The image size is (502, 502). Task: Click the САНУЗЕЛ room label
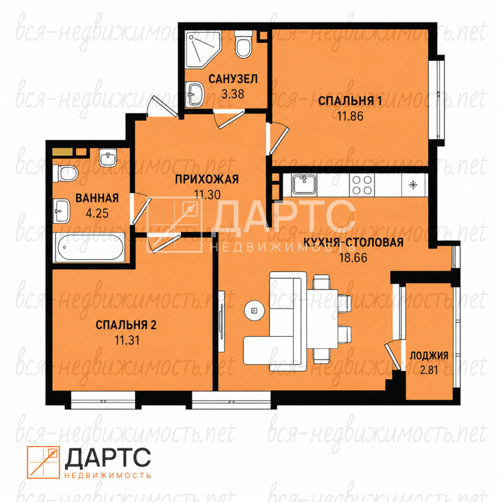click(x=233, y=79)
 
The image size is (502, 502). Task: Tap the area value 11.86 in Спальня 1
click(x=350, y=116)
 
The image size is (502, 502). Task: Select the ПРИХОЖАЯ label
click(x=207, y=179)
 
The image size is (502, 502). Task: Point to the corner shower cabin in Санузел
click(x=202, y=49)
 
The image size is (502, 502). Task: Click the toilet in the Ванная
click(x=65, y=173)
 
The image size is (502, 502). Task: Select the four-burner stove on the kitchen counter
click(x=362, y=185)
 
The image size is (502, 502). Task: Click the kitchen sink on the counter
click(x=304, y=185)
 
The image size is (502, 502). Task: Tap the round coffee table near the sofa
click(x=254, y=310)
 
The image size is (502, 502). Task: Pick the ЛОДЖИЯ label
click(x=429, y=356)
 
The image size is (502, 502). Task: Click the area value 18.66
click(x=353, y=257)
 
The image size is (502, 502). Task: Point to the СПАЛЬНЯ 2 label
click(x=126, y=325)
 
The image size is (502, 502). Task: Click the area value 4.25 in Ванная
click(x=97, y=213)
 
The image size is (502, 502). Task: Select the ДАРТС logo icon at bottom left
click(x=43, y=462)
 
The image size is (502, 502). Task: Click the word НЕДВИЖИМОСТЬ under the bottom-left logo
click(x=108, y=475)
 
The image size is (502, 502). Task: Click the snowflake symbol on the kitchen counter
click(x=413, y=185)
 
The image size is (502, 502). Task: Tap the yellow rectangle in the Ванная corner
click(x=62, y=152)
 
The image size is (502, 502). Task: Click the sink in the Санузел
click(x=195, y=94)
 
